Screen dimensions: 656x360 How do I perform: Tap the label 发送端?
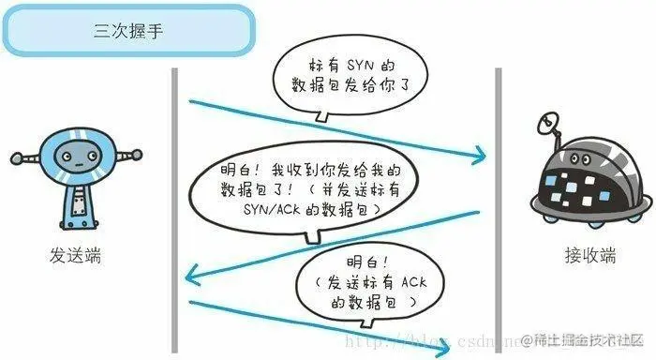pos(78,254)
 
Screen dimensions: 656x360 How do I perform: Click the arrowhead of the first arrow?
pos(480,153)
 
